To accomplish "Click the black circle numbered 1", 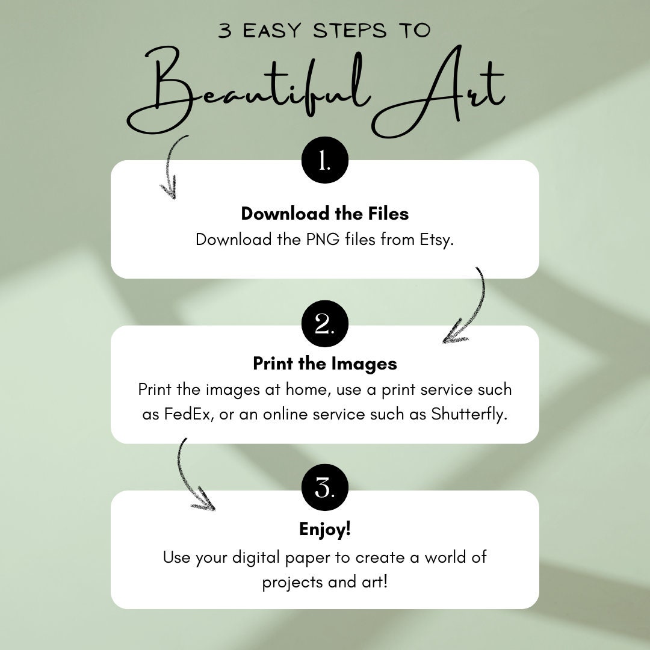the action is pos(325,160).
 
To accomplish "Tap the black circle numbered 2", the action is pos(325,324).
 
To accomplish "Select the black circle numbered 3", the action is pos(325,487).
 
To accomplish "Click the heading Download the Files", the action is pos(325,214).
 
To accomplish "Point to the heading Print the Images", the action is pos(325,364).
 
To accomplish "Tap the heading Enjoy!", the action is pos(325,530).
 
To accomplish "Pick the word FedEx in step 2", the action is pos(187,414).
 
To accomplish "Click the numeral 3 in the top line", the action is pos(224,31).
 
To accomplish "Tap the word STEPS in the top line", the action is pos(350,31).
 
